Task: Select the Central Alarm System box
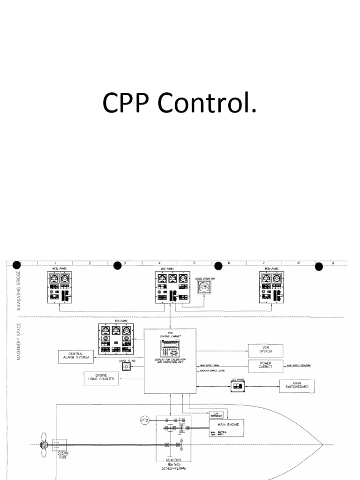click(x=75, y=357)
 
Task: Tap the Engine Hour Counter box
click(x=101, y=378)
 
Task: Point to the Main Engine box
click(x=226, y=427)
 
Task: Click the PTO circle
click(x=145, y=420)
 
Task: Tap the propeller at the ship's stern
click(x=43, y=444)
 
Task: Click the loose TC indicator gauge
click(x=125, y=367)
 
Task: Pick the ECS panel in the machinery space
click(x=115, y=337)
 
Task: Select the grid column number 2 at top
click(x=90, y=263)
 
